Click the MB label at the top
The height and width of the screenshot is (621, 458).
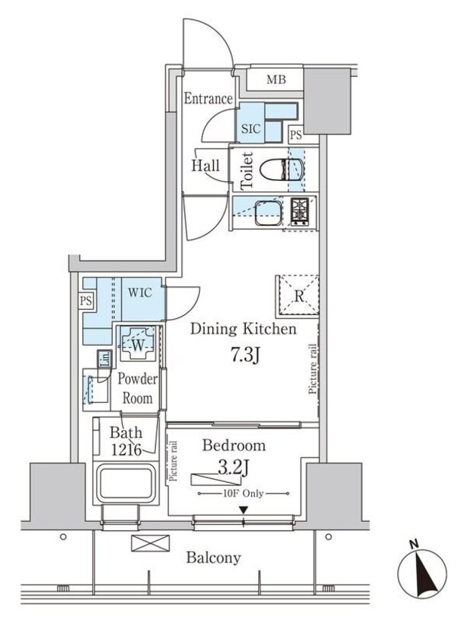point(275,79)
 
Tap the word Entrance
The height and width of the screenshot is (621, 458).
point(208,99)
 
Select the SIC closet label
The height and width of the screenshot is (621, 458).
point(251,129)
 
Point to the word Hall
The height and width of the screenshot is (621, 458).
point(205,166)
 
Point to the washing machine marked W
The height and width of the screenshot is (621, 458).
point(139,344)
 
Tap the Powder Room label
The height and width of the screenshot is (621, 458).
point(138,388)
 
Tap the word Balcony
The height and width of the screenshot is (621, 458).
point(214,558)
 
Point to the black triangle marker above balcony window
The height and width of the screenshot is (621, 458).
point(244,510)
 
